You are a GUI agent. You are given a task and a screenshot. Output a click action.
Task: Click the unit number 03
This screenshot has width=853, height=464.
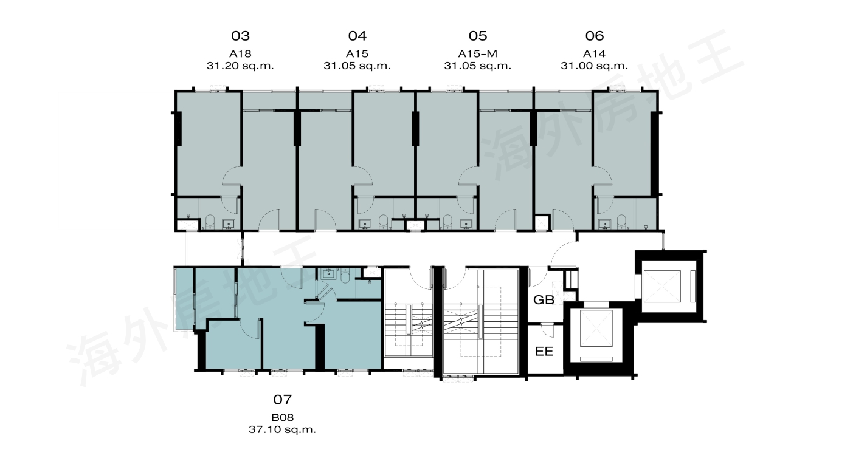(240, 36)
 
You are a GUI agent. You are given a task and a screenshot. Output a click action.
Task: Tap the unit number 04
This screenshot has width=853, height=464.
(357, 36)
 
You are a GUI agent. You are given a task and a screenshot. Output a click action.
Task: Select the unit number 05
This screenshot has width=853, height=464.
(478, 36)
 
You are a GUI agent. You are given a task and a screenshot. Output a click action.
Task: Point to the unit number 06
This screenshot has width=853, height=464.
(595, 36)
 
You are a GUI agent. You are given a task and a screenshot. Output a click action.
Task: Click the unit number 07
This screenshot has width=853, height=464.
(283, 400)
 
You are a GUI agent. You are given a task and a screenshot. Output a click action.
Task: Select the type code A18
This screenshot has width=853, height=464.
(240, 53)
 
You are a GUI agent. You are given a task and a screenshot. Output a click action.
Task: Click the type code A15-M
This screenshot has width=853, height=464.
(477, 53)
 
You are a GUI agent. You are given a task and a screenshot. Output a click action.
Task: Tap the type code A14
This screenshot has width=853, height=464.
(594, 53)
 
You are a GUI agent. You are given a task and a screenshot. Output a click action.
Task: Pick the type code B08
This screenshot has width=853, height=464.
(283, 417)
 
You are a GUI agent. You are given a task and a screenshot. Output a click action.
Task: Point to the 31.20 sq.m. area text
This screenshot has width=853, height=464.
(240, 66)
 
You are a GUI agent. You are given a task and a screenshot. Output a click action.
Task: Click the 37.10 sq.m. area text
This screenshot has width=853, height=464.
(283, 429)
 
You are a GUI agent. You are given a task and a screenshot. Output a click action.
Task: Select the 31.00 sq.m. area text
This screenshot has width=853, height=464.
(594, 66)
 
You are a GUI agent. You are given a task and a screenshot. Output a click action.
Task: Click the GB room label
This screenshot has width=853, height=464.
(544, 300)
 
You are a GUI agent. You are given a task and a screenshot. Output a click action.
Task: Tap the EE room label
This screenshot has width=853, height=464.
(544, 351)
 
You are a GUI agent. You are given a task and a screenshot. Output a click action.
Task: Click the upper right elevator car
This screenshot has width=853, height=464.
(662, 287)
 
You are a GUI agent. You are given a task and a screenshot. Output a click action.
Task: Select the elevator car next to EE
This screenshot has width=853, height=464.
(596, 328)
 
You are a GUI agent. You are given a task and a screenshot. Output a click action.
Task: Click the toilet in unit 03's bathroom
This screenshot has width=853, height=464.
(210, 221)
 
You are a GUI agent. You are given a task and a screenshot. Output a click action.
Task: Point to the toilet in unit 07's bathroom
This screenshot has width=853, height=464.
(345, 276)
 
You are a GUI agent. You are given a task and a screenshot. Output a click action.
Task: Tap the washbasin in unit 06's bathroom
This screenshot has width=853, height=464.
(604, 224)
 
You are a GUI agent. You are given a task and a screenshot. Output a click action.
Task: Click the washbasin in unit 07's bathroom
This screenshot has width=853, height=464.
(328, 275)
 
